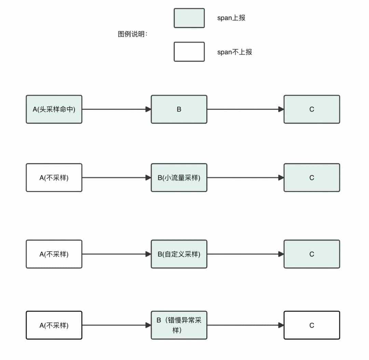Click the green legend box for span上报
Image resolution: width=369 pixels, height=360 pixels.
189,18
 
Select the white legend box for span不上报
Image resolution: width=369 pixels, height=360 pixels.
189,52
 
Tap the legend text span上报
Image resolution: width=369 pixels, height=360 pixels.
231,18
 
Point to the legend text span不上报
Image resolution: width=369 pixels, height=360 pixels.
234,52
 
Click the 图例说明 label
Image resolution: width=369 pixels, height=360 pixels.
133,35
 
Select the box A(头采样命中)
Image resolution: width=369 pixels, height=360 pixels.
54,109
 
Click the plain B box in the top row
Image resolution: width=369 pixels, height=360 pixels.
179,109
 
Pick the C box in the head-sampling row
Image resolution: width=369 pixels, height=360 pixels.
312,109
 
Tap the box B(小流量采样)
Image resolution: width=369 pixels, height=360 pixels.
179,178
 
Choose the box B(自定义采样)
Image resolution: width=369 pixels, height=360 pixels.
179,254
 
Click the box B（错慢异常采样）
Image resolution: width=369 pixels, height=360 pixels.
179,325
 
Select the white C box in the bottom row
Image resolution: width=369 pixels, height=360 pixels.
312,325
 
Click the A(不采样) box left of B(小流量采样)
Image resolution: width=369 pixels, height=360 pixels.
54,178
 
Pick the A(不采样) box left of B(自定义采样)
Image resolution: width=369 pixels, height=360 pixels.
54,254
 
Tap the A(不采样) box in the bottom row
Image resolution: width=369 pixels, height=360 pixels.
54,325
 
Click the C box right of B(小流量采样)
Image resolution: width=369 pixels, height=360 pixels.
312,178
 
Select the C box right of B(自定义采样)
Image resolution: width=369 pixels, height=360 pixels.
312,254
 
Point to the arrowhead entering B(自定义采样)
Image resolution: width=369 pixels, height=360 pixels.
148,254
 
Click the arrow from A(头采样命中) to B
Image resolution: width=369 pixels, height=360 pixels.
116,109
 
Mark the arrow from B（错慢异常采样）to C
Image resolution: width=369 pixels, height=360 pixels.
245,325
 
